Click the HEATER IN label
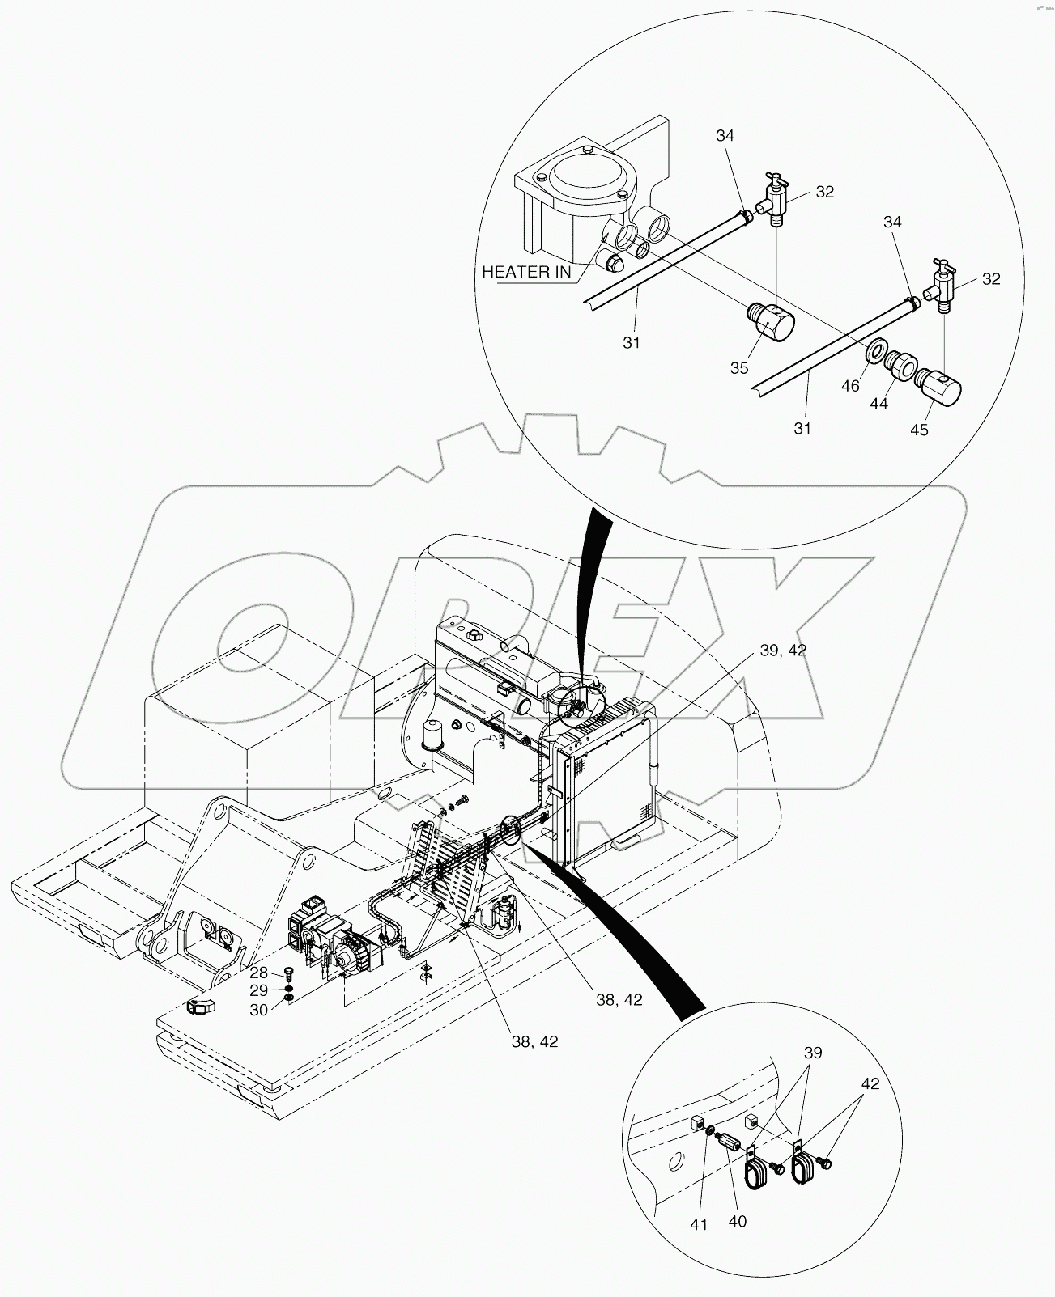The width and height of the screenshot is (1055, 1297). click(x=526, y=272)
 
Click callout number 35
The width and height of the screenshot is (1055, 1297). click(x=739, y=367)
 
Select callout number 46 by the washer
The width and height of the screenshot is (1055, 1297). click(x=849, y=386)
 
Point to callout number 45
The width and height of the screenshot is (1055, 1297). click(x=919, y=430)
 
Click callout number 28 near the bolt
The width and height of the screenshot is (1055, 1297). click(x=258, y=972)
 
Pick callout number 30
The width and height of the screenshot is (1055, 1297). click(x=258, y=1010)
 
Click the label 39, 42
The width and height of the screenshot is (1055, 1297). click(x=783, y=651)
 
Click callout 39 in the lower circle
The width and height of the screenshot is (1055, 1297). click(x=812, y=1053)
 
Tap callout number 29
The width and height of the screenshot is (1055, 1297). click(x=258, y=990)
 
